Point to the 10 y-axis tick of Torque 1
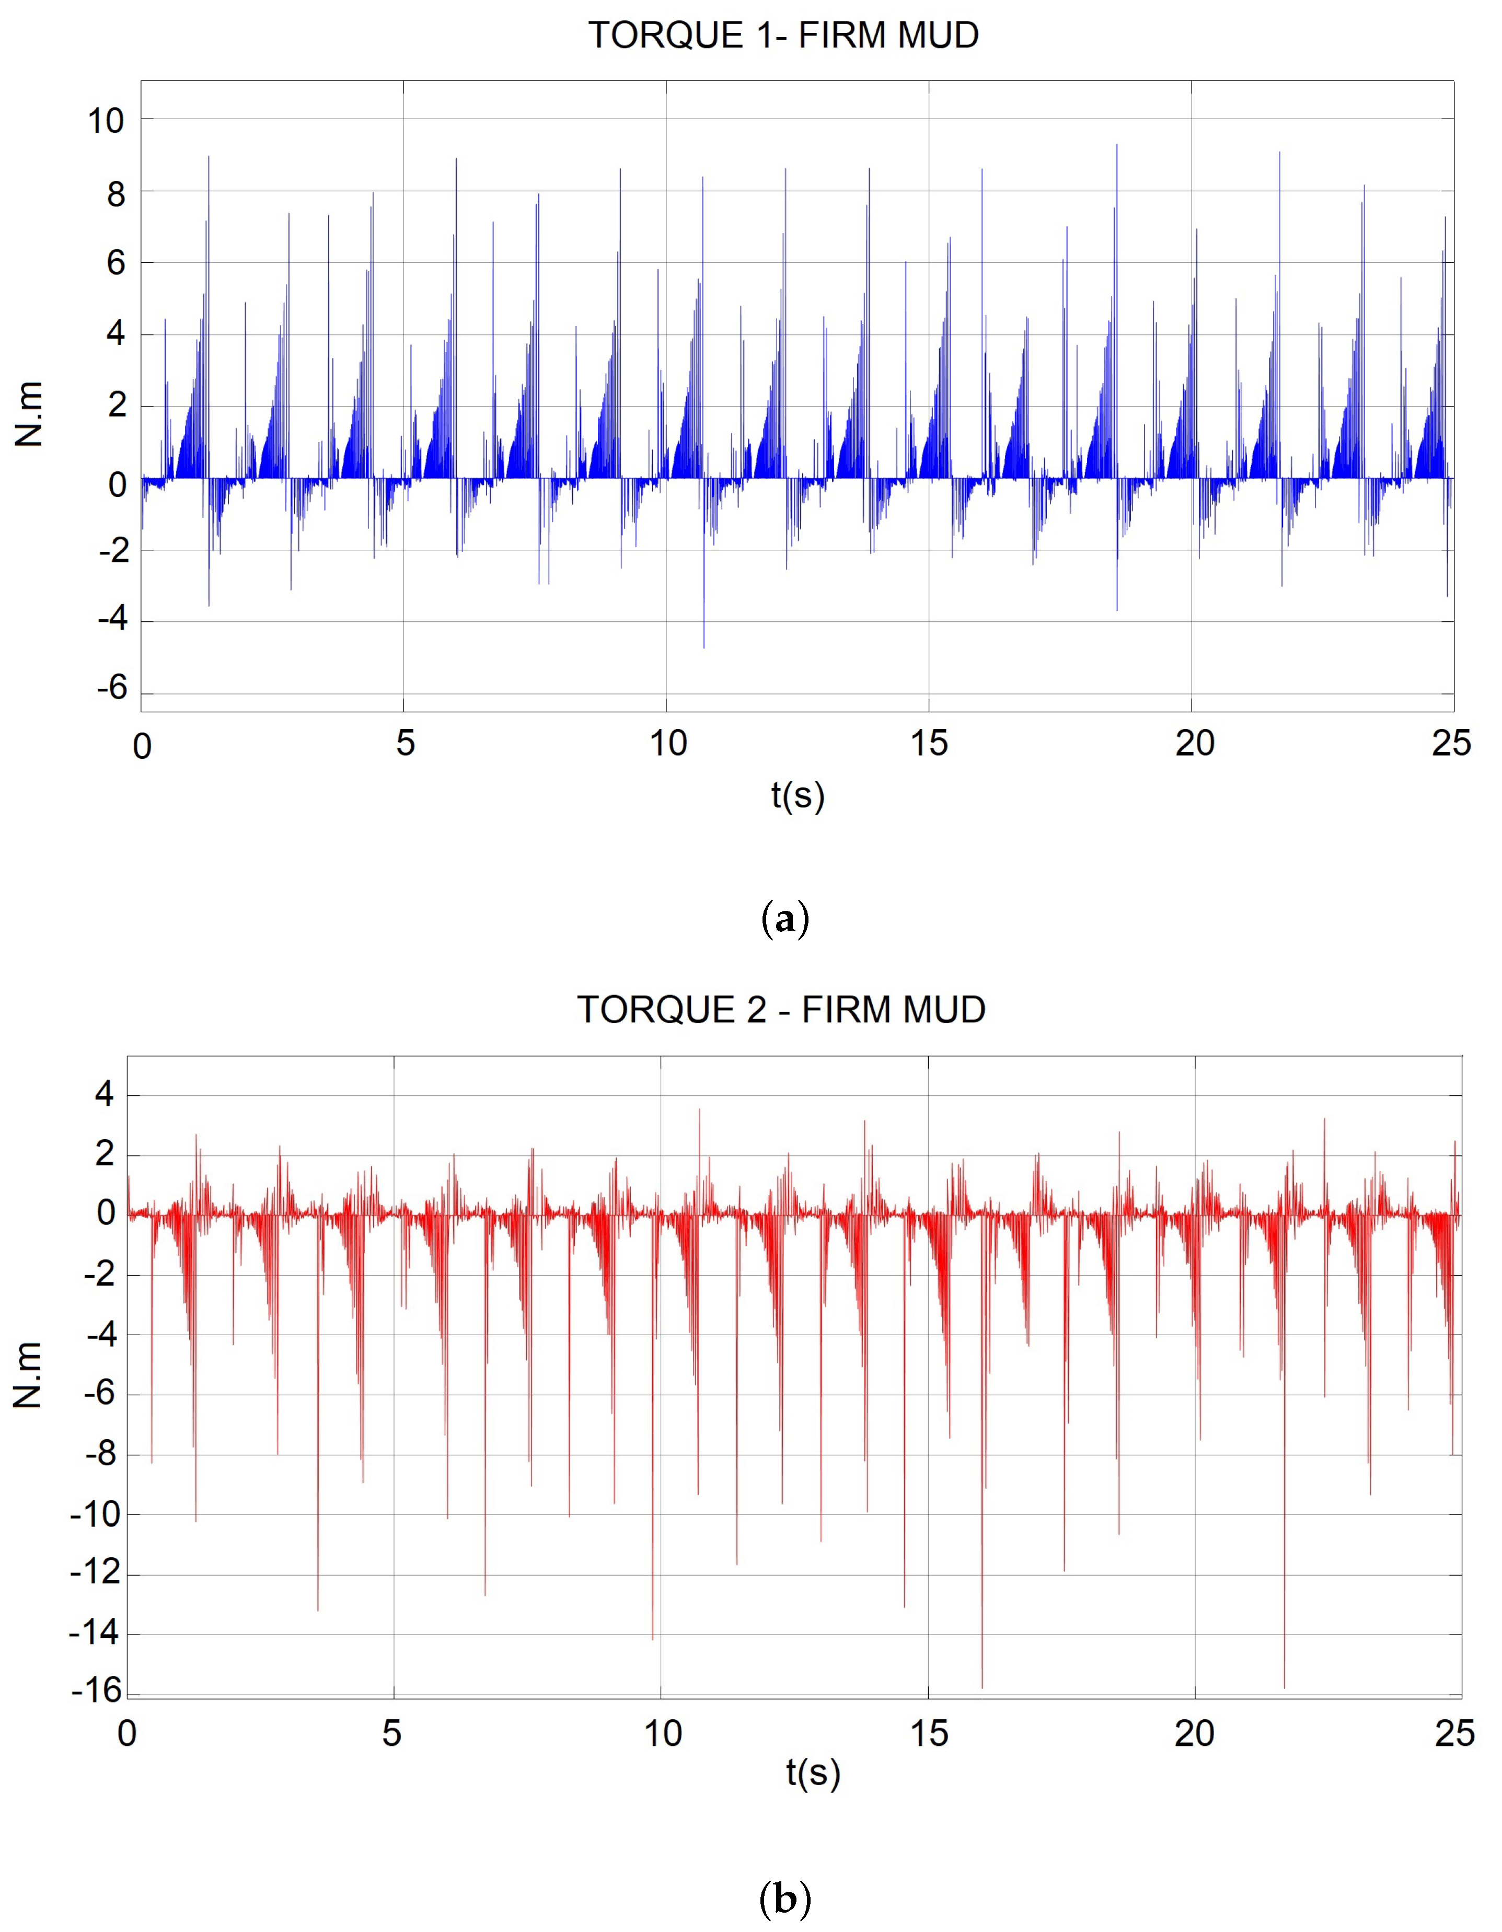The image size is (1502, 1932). click(x=106, y=121)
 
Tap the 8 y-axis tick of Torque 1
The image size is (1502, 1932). click(x=116, y=194)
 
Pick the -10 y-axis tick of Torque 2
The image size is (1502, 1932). click(x=96, y=1514)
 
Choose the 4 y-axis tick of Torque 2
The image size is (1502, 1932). click(x=105, y=1095)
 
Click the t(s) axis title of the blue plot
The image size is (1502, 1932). click(x=797, y=795)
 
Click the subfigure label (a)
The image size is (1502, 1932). click(x=784, y=920)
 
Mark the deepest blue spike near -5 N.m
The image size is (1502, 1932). click(x=704, y=646)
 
